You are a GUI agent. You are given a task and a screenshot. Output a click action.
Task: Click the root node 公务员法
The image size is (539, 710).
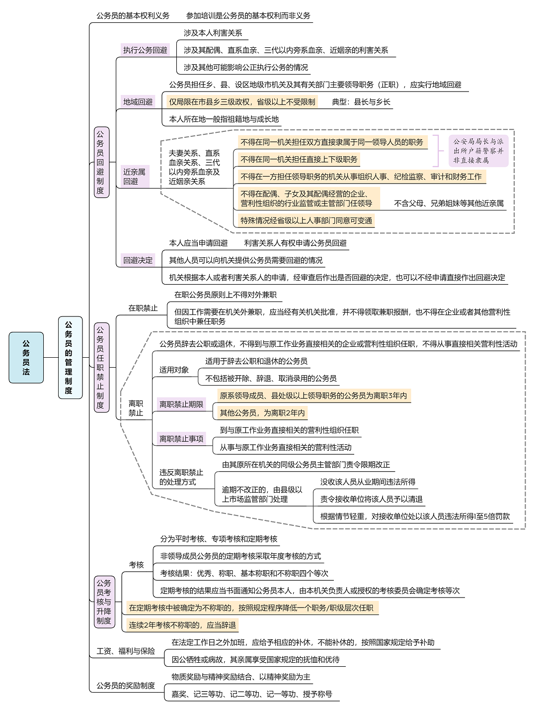click(x=26, y=358)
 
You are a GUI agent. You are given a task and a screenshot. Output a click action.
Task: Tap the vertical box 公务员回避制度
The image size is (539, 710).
click(x=101, y=162)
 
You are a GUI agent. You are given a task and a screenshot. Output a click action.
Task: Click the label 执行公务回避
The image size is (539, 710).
click(x=145, y=50)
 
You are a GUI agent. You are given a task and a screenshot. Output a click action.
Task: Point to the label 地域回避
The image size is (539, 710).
click(x=138, y=102)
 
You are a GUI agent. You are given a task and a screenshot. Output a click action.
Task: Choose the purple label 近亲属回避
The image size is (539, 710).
click(x=135, y=177)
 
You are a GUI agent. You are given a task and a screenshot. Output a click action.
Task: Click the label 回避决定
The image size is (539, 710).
click(x=138, y=260)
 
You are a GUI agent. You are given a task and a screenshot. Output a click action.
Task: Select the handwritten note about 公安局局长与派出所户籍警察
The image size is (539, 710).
click(x=478, y=151)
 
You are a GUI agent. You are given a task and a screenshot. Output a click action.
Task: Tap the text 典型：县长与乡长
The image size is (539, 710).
click(x=361, y=102)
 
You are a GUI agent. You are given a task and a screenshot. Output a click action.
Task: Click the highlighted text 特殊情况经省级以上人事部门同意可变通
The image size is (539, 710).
click(x=306, y=220)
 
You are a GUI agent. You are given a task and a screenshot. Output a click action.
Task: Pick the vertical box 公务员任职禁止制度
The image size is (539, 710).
click(x=101, y=367)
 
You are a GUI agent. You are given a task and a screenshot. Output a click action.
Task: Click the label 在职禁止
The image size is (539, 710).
click(x=143, y=308)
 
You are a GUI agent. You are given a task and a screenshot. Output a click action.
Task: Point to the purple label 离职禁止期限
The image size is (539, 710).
click(x=181, y=405)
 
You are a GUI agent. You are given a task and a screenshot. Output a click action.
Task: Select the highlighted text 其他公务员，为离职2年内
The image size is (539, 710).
click(x=262, y=412)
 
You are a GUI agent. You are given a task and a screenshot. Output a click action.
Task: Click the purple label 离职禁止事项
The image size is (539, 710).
click(x=181, y=439)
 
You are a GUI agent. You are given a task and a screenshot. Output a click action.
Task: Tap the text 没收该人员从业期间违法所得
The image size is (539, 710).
click(x=368, y=482)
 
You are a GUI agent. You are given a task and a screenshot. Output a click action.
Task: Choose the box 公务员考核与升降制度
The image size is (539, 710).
click(x=104, y=602)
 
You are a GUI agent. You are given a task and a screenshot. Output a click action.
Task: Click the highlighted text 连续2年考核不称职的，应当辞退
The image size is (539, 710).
click(x=182, y=625)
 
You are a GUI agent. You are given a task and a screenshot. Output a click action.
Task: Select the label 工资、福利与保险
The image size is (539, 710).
click(x=126, y=651)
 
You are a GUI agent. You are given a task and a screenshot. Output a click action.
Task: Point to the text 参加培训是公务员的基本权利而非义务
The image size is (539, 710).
click(x=248, y=15)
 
